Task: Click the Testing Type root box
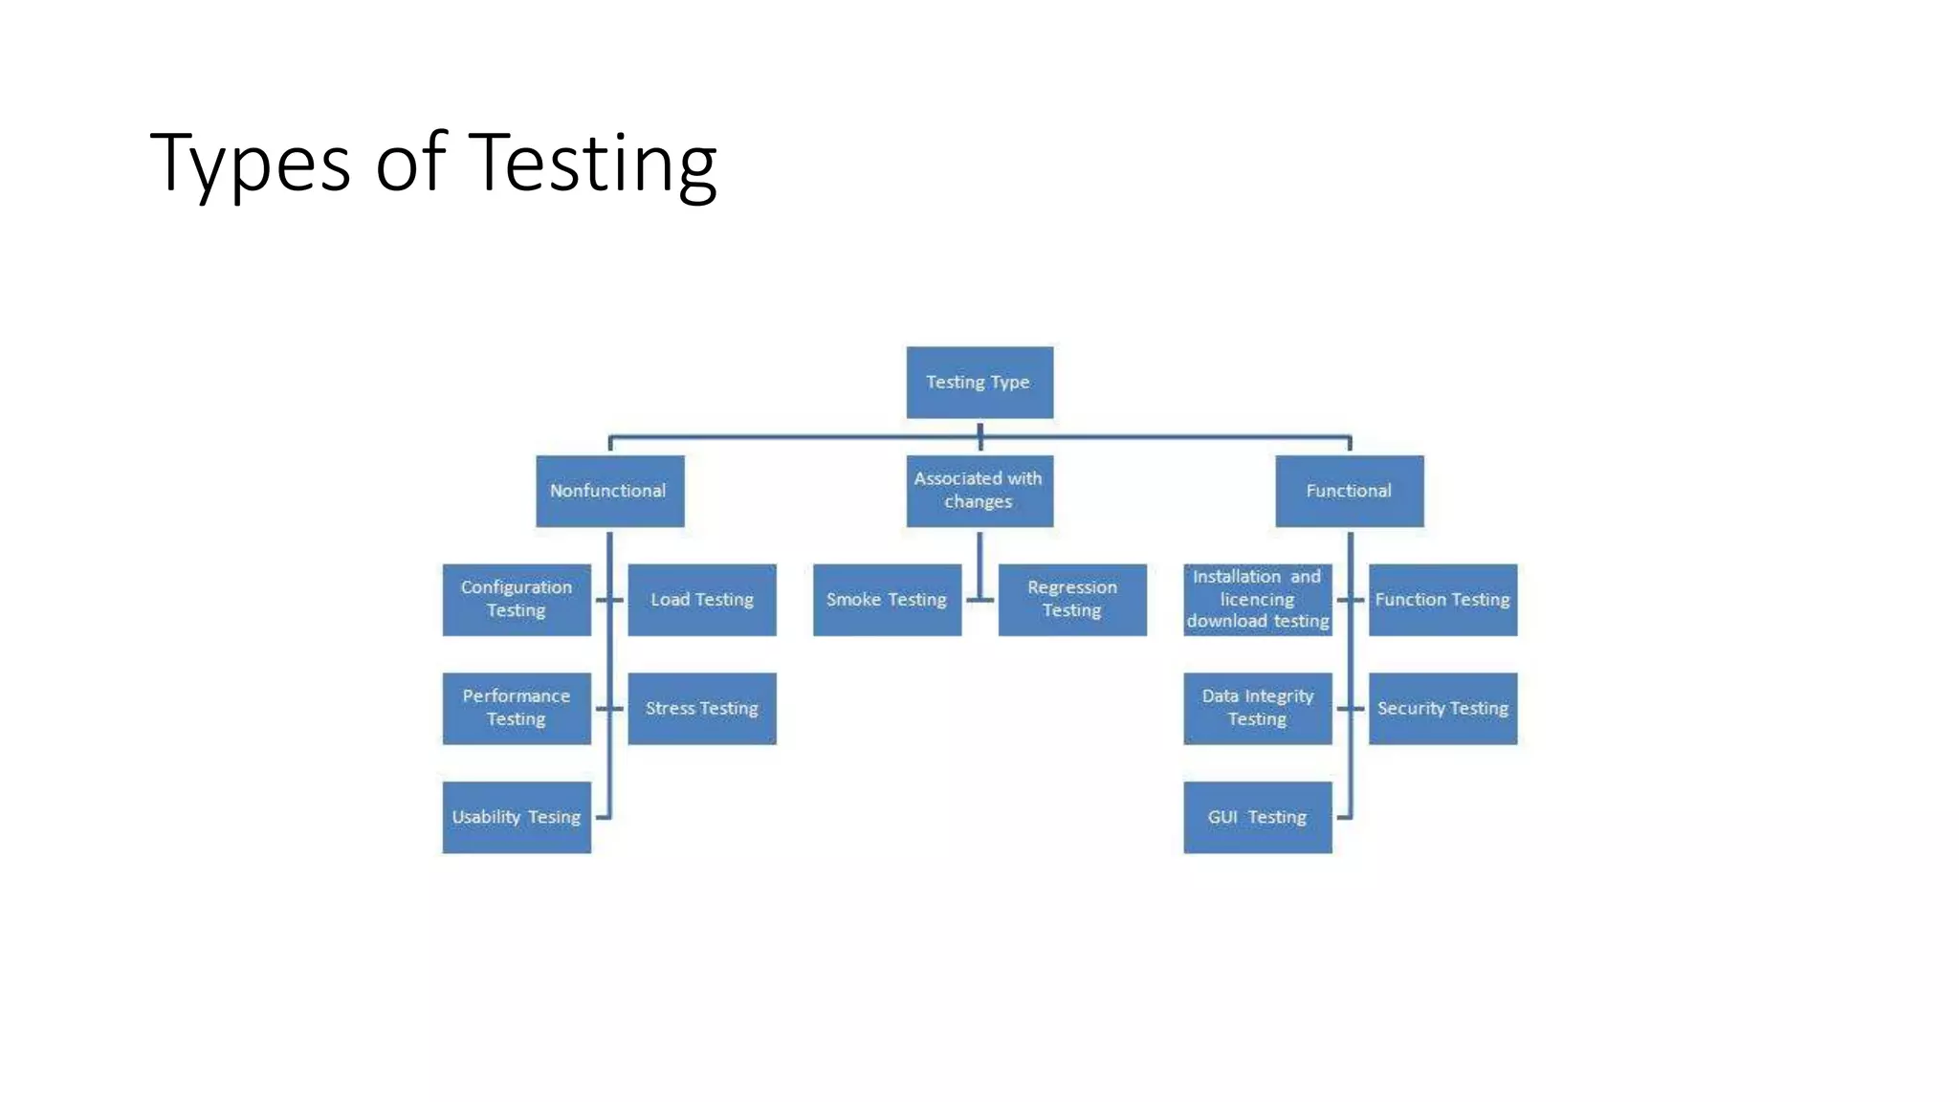coord(979,383)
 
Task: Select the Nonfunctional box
coord(609,491)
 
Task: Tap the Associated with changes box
coord(979,491)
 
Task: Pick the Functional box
coord(1349,491)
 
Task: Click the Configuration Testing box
coord(517,600)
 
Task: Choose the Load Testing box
coord(702,600)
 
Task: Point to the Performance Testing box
coord(517,708)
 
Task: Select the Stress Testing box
coord(702,708)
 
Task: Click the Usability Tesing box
coord(517,817)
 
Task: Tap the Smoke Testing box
coord(887,600)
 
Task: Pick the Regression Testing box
coord(1072,600)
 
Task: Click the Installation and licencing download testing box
coord(1257,600)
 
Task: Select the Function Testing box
coord(1442,600)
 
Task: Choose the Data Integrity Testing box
coord(1257,708)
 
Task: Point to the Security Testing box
coord(1442,708)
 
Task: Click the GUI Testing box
coord(1257,817)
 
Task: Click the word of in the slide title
coord(410,163)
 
